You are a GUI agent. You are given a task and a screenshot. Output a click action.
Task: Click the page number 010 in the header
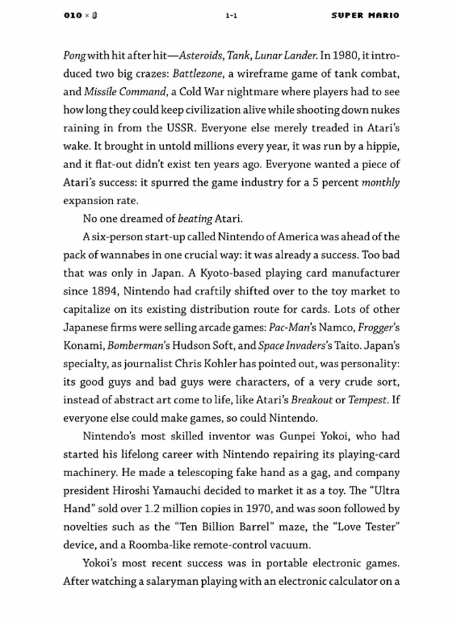tap(73, 15)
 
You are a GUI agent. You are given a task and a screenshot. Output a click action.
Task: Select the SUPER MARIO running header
tap(365, 15)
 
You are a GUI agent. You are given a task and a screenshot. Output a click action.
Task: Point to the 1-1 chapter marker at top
tap(231, 16)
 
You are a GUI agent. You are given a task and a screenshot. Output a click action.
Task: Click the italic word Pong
tap(74, 56)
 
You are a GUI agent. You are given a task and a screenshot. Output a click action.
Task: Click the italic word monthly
tap(381, 182)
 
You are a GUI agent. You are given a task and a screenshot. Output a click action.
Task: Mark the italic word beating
tap(195, 219)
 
